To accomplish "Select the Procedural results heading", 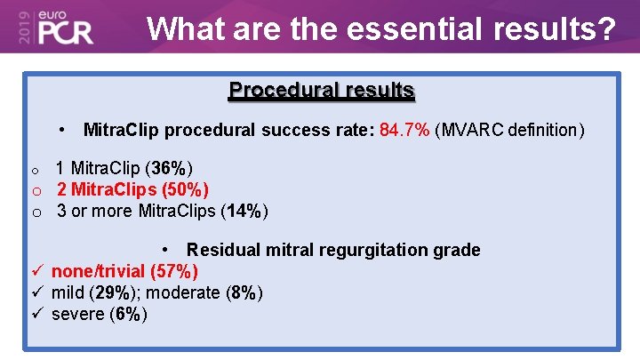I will tap(321, 90).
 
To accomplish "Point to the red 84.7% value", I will tap(404, 131).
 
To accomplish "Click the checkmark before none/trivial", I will tap(37, 271).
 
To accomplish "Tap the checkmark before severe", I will tap(37, 314).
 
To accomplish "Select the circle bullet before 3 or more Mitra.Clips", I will tap(37, 212).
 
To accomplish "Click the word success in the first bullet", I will tap(298, 131).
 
